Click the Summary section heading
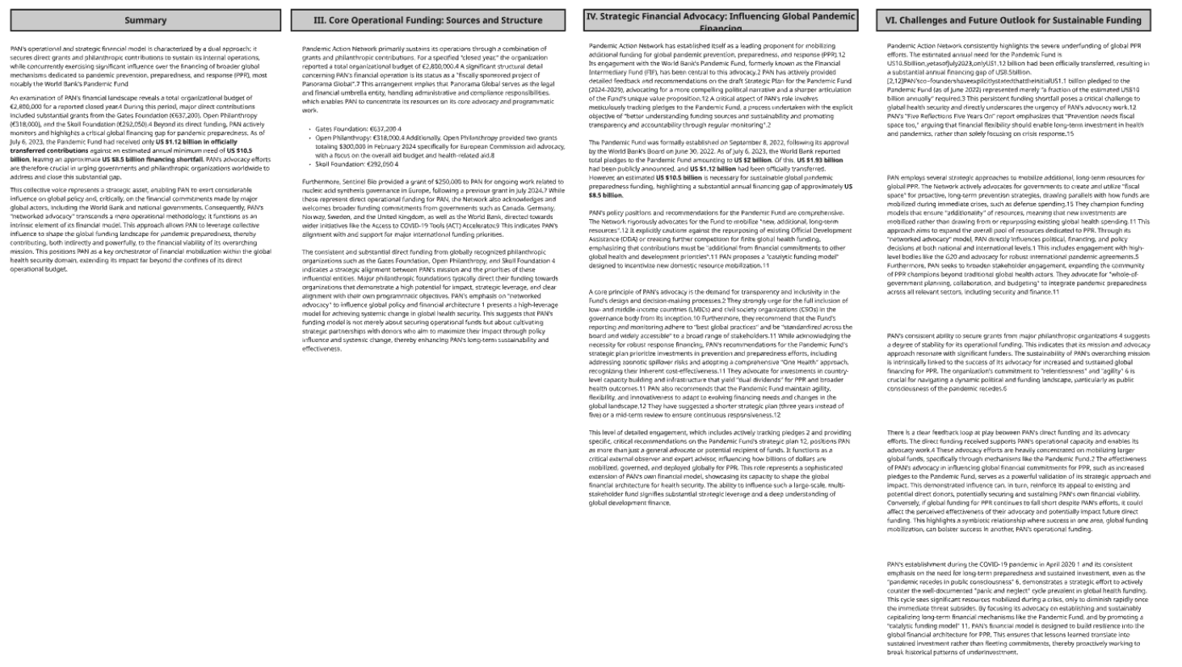tap(145, 20)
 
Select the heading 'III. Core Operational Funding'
tap(427, 20)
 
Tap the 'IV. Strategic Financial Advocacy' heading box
tap(720, 20)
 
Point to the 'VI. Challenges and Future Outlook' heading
tap(1013, 20)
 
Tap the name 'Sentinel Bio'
tap(360, 182)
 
